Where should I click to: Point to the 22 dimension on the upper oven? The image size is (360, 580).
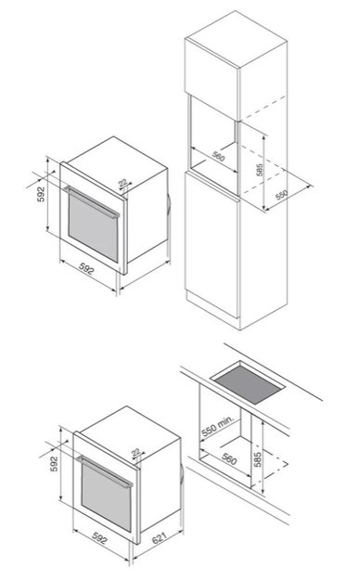[x=123, y=183]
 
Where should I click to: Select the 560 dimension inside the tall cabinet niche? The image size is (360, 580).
[x=217, y=156]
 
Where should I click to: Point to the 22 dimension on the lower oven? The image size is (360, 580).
[x=136, y=452]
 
